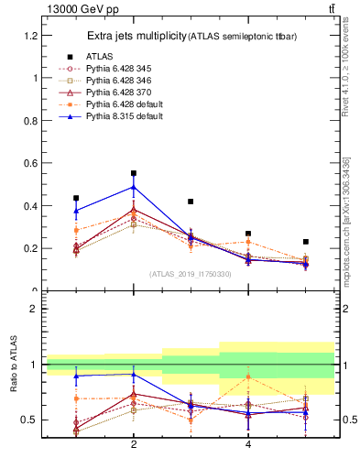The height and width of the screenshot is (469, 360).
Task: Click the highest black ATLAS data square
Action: point(134,173)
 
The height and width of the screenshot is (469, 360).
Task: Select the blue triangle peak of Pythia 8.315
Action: point(134,187)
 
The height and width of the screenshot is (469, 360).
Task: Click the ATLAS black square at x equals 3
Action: point(191,202)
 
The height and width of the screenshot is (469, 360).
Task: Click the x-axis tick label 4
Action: point(248,444)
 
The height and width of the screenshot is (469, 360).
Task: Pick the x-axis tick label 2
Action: point(134,444)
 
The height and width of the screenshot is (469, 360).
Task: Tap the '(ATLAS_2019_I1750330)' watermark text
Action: point(191,273)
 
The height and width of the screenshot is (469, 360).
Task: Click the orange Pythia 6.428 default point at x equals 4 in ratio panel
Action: point(248,376)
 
